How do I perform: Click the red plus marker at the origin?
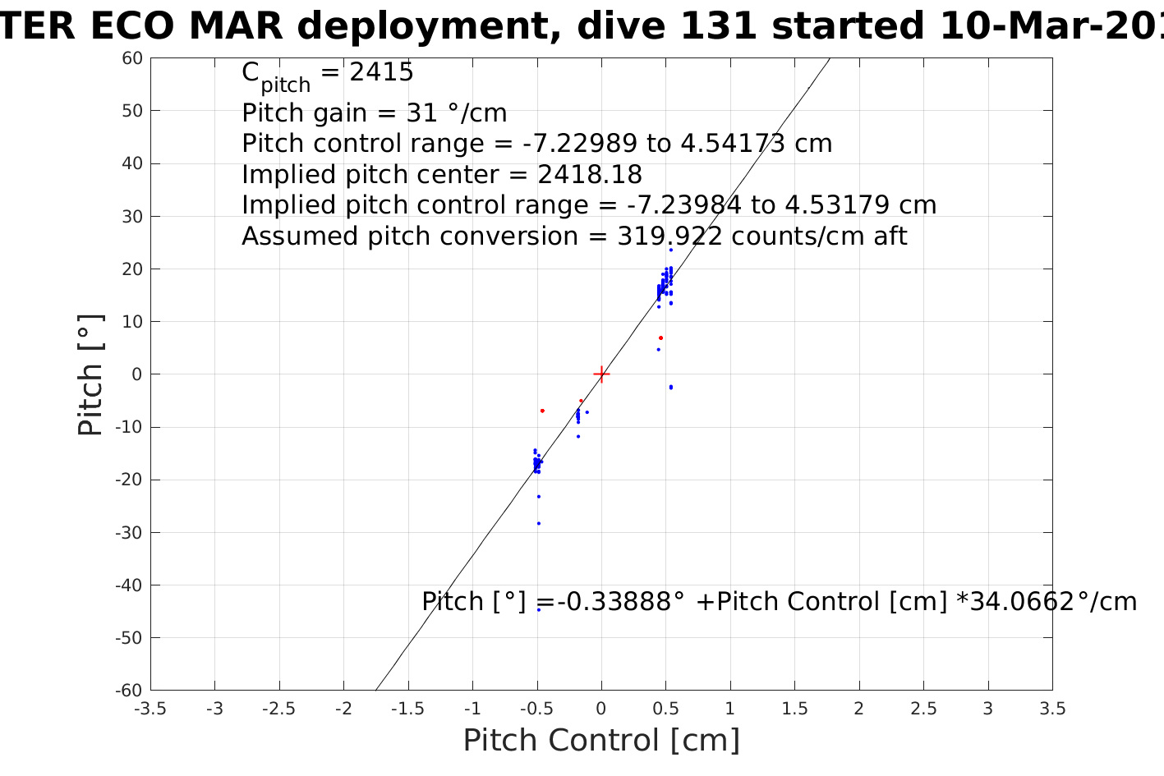601,374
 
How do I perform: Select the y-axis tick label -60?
131,691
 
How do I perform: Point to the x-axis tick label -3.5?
150,709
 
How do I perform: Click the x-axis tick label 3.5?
1052,709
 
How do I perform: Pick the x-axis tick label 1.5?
794,709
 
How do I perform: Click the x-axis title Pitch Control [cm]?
601,741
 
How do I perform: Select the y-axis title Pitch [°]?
90,374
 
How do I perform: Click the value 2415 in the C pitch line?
381,72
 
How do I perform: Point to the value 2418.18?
589,175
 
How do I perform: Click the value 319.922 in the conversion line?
669,236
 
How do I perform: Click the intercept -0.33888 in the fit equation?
619,602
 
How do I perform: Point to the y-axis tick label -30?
131,533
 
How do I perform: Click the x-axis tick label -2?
343,709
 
